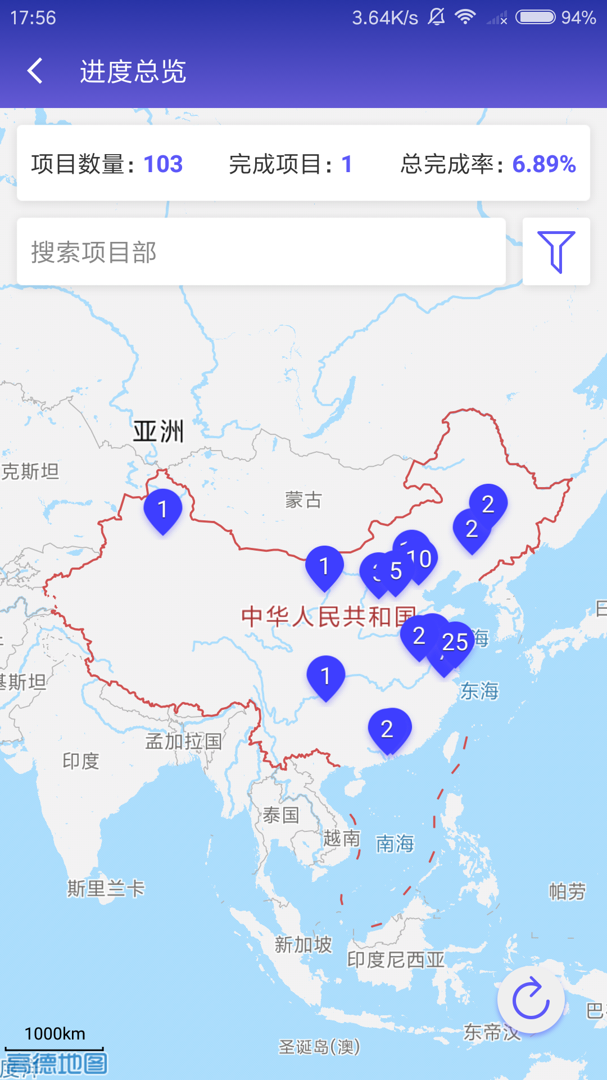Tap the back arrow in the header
(x=35, y=71)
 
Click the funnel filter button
(x=556, y=251)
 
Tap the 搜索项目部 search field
(x=261, y=251)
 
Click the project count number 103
(x=163, y=164)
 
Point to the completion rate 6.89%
(x=543, y=164)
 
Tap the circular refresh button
(x=531, y=999)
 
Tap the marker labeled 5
(x=396, y=571)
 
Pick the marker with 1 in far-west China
(x=162, y=510)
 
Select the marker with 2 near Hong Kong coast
(x=388, y=730)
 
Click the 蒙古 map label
(x=303, y=499)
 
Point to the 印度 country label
(x=81, y=761)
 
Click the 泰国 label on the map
(x=280, y=814)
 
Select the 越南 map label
(x=341, y=838)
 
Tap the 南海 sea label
(x=395, y=843)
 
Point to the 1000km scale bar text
(x=55, y=1034)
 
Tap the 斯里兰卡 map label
(x=106, y=889)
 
